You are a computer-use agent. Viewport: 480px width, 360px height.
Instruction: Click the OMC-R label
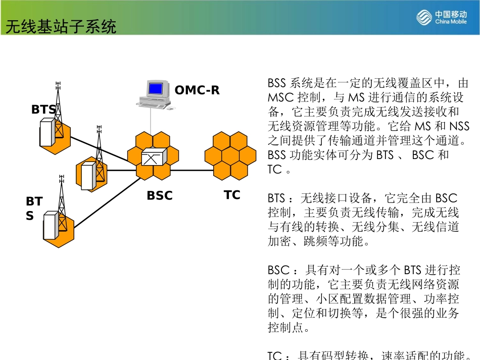pos(197,91)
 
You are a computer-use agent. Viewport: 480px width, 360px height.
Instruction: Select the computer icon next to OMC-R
pos(154,93)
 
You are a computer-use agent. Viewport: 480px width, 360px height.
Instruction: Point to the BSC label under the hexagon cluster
pos(160,195)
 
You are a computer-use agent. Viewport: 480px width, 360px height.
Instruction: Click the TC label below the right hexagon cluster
pos(232,195)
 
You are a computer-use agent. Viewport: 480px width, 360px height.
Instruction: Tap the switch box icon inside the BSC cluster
pos(153,158)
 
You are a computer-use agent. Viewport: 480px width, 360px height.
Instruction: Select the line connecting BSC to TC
pos(192,170)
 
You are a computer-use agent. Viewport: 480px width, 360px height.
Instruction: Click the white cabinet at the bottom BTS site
pos(50,226)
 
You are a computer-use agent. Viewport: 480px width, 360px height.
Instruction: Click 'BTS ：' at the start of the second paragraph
pos(281,198)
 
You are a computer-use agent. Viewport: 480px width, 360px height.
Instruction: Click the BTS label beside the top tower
pos(43,110)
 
